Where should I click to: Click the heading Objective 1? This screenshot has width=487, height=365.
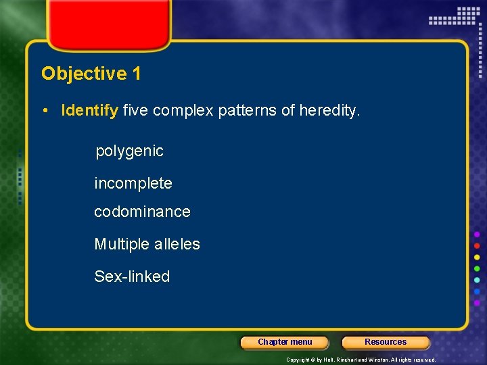[x=91, y=74]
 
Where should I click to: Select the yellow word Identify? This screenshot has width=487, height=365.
[x=89, y=110]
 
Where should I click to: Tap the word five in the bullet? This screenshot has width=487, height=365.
[x=135, y=110]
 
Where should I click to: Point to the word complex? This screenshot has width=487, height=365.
[x=183, y=110]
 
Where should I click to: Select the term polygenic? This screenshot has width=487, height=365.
[x=129, y=151]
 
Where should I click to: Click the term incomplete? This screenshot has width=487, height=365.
[x=133, y=183]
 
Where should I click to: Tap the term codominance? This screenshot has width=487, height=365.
[x=142, y=212]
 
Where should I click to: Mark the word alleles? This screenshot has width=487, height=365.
[x=177, y=244]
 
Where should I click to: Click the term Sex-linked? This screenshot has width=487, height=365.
[x=132, y=276]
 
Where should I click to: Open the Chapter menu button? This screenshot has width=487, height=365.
[x=285, y=342]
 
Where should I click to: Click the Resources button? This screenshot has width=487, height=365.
[x=386, y=342]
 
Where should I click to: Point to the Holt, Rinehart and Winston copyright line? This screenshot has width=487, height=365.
[x=361, y=360]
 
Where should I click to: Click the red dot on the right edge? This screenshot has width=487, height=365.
[x=477, y=245]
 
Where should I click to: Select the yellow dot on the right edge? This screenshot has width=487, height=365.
[x=477, y=257]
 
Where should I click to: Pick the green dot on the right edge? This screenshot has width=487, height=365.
[x=477, y=268]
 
